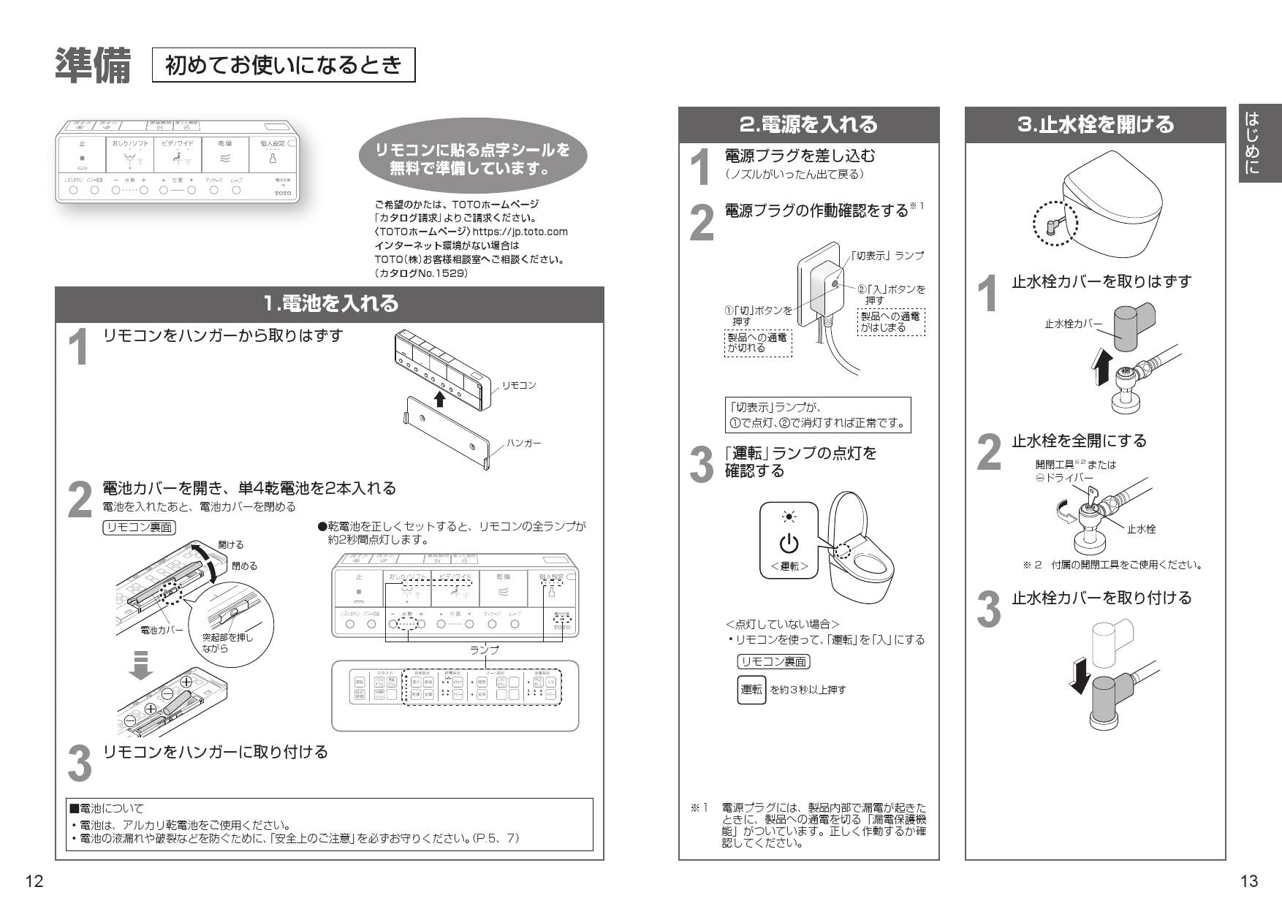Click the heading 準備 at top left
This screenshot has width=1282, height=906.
click(93, 66)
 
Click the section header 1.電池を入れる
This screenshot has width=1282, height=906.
click(330, 303)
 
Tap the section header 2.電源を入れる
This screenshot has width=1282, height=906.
click(808, 124)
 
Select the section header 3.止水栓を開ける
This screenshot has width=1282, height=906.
click(1095, 124)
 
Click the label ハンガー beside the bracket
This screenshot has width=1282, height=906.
click(523, 444)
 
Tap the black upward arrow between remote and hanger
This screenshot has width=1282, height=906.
click(439, 399)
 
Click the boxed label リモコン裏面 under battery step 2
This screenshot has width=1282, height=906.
click(139, 528)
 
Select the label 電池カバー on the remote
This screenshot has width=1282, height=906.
click(162, 629)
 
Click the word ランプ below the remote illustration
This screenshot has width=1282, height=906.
click(484, 650)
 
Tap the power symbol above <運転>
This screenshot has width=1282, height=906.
click(789, 544)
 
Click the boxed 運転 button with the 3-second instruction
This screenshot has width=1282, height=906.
click(751, 689)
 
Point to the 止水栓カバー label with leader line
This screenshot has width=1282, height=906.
click(1073, 324)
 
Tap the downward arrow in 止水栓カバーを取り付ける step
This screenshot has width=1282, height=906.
click(1079, 676)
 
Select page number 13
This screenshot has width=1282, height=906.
click(1249, 881)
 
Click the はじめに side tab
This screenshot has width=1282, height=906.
click(1259, 143)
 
